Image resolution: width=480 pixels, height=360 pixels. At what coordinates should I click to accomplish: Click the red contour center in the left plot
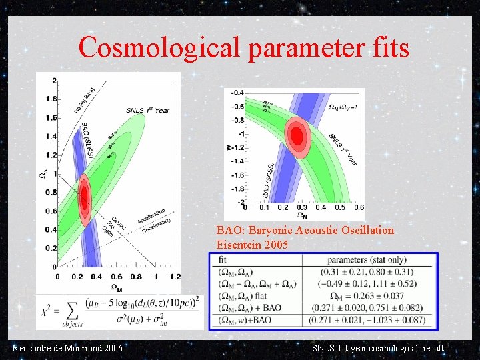[x=85, y=195]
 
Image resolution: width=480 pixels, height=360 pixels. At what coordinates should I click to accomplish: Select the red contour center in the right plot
[x=297, y=136]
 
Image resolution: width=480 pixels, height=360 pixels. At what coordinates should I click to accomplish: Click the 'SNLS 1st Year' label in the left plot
[x=147, y=110]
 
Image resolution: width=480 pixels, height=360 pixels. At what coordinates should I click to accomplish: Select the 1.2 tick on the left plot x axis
[x=175, y=277]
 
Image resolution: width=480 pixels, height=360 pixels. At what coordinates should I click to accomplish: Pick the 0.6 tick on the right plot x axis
[x=359, y=208]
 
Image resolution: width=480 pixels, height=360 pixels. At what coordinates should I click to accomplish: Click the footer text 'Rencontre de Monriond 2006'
[x=67, y=349]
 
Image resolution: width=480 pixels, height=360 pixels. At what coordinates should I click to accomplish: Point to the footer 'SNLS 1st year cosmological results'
[x=379, y=349]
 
